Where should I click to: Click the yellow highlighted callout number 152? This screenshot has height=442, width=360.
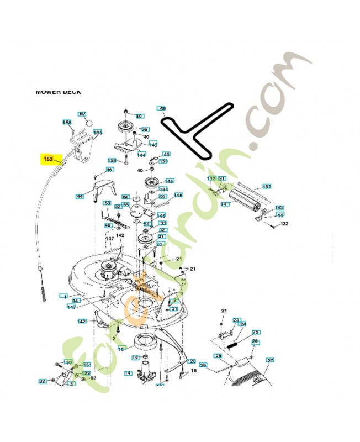point(48,160)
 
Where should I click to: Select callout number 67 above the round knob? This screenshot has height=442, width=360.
point(83,114)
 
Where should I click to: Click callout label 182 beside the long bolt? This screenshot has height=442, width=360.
point(266,187)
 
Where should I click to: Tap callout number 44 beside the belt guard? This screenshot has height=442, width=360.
point(81,196)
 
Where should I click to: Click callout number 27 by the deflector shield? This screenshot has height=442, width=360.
point(270,360)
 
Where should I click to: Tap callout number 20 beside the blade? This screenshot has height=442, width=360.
point(192,361)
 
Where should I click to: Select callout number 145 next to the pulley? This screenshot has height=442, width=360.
point(170,181)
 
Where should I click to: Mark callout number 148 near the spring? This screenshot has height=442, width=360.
point(178,196)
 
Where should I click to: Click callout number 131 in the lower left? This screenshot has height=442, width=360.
point(87,365)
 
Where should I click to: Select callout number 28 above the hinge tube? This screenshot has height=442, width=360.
point(219,357)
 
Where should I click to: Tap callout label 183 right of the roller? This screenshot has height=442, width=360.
point(279,208)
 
